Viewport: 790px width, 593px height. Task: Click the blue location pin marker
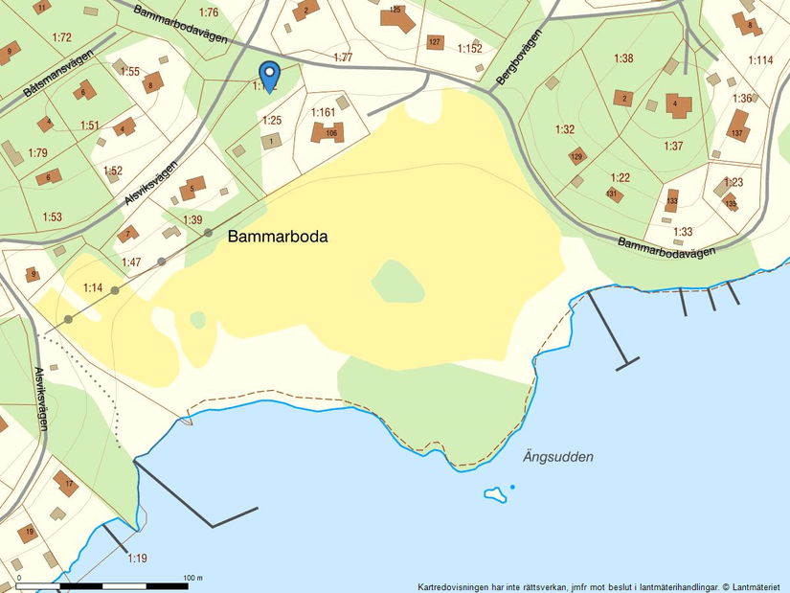[270, 75]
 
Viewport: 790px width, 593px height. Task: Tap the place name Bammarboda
[278, 236]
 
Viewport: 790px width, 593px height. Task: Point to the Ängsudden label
[558, 457]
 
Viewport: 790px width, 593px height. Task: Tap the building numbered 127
[435, 42]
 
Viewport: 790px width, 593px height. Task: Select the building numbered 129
[576, 156]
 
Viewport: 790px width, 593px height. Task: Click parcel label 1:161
[324, 112]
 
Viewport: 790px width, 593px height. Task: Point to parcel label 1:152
[469, 48]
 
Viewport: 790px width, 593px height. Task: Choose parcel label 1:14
[93, 287]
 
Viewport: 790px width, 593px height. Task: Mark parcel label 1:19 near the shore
[137, 559]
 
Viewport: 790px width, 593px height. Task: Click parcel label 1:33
[682, 232]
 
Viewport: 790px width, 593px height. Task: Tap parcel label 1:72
[61, 37]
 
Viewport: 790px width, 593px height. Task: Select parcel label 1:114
[760, 60]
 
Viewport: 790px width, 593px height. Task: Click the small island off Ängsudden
[494, 494]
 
